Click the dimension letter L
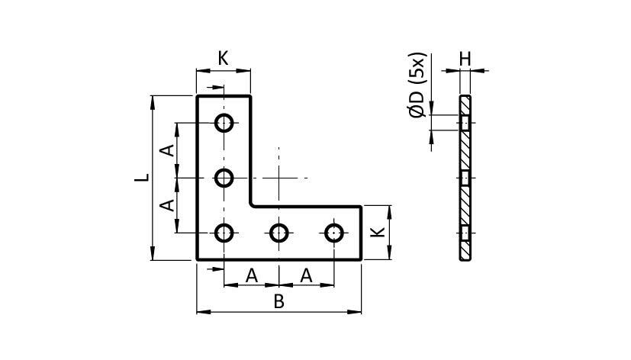142,178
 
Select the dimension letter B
279,301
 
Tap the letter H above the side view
465,59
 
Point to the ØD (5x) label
417,85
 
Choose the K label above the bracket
224,58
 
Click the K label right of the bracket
378,232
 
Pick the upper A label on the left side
167,150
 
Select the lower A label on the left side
167,205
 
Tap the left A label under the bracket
252,276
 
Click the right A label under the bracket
306,276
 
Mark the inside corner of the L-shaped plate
252,206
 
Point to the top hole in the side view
465,123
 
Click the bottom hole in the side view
465,233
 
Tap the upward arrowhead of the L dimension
152,102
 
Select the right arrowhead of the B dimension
354,312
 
